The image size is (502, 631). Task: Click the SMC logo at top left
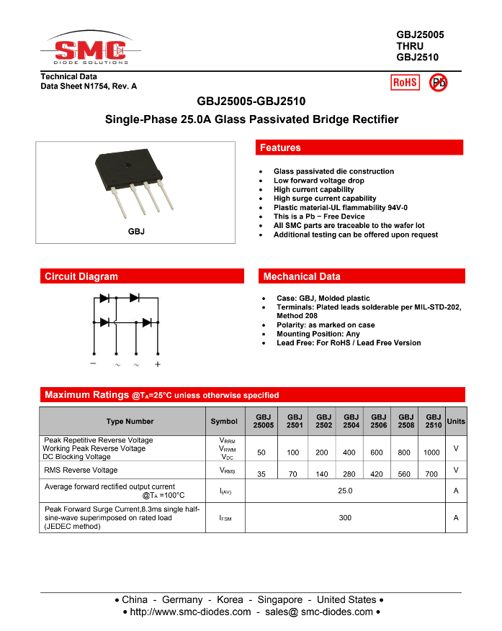tap(91, 50)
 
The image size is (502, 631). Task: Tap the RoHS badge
tap(405, 82)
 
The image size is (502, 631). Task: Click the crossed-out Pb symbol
tap(438, 83)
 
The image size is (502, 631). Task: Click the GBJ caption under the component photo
tap(136, 231)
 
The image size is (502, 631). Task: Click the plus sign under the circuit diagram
tap(158, 364)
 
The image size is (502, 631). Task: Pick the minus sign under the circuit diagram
tap(94, 364)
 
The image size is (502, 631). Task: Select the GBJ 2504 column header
tap(351, 421)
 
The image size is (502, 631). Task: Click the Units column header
tap(456, 421)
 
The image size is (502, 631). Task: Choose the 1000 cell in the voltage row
tap(431, 453)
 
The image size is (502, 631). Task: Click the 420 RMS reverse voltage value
tap(378, 475)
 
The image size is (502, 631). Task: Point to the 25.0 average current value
tap(345, 491)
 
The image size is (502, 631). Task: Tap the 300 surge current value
tap(345, 517)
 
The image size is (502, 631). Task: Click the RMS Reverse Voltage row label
tap(81, 470)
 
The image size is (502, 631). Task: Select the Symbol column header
tap(224, 421)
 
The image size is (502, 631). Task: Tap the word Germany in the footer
tap(182, 599)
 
